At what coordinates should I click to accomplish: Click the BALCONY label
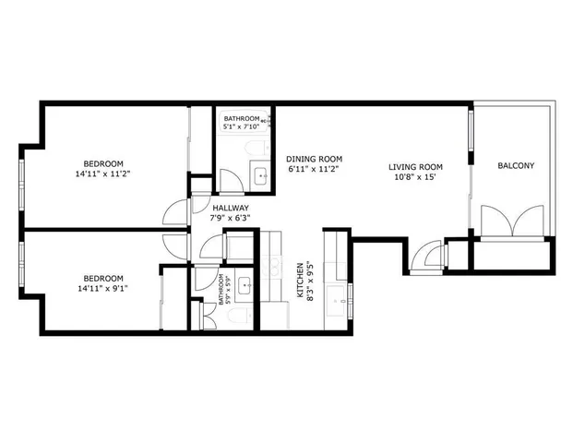pos(516,166)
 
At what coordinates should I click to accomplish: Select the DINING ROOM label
pos(314,158)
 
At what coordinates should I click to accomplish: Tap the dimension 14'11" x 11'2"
pos(102,173)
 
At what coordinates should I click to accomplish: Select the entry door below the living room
pos(429,254)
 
